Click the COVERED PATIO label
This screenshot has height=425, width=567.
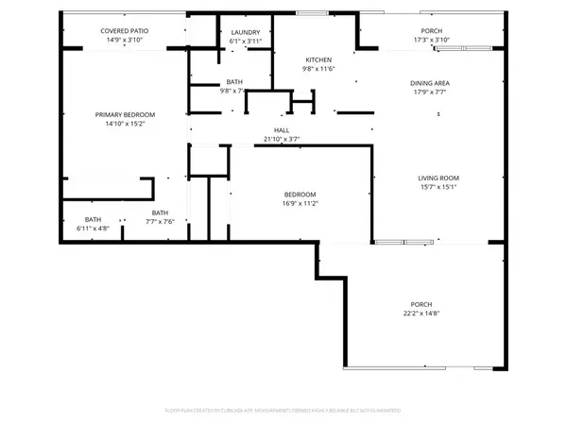coord(125,31)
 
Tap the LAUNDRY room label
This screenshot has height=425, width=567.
coord(246,32)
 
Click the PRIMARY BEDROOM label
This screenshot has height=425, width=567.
coord(125,114)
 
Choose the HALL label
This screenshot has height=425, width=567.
coord(282,130)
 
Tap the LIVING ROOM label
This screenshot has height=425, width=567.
coord(438,178)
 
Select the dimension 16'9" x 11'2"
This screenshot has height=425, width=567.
coord(301,203)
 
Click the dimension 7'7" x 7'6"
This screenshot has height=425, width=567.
coord(160,222)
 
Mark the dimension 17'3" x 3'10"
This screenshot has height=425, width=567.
coord(430,41)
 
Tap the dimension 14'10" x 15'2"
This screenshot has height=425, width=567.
coord(125,123)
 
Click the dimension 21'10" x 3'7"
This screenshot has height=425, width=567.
coord(282,140)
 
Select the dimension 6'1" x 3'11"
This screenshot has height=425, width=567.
coord(246,42)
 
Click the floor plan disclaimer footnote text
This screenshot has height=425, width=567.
coord(283,411)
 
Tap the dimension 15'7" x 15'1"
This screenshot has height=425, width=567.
coord(438,187)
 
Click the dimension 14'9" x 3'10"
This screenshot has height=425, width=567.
coord(125,41)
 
